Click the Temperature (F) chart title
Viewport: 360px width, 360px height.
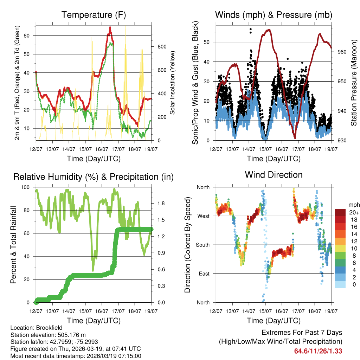pyautogui.click(x=94, y=15)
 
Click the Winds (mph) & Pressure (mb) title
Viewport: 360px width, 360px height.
pyautogui.click(x=274, y=15)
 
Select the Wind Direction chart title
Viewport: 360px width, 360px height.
pyautogui.click(x=274, y=174)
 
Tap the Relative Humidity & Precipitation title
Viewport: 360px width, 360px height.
pyautogui.click(x=94, y=177)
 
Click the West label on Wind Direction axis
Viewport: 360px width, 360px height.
pyautogui.click(x=203, y=216)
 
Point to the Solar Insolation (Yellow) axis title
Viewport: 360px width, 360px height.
pyautogui.click(x=173, y=83)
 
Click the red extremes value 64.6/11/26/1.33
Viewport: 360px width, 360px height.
pyautogui.click(x=318, y=351)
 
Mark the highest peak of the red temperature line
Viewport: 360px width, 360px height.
pyautogui.click(x=110, y=27)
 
